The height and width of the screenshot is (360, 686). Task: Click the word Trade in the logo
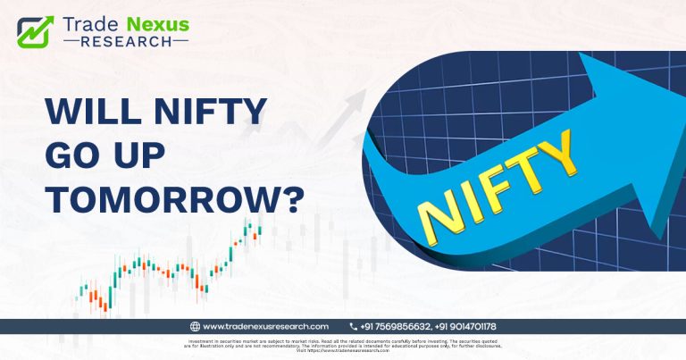pos(94,22)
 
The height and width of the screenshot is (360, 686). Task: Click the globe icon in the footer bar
pos(195,326)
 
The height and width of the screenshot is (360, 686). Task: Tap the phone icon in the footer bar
pos(354,326)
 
